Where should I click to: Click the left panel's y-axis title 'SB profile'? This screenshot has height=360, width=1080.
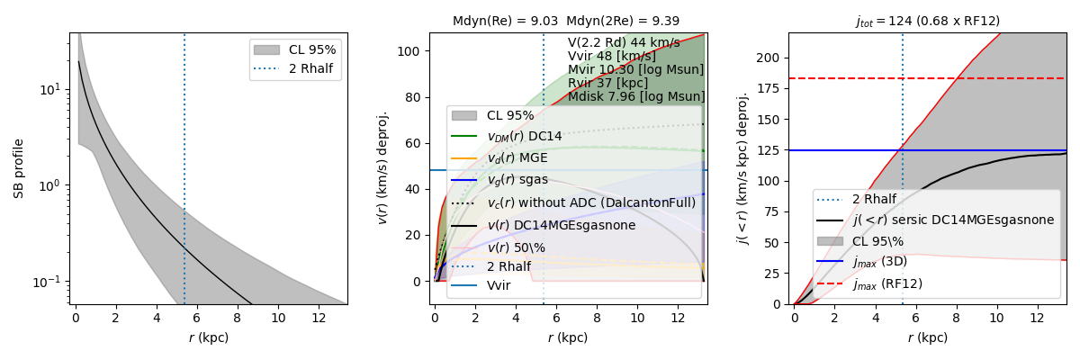pyautogui.click(x=19, y=168)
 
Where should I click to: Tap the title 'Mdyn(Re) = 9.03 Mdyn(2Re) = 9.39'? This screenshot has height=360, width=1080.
pyautogui.click(x=567, y=21)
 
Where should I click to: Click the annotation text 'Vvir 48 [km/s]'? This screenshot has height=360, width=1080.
pyautogui.click(x=611, y=56)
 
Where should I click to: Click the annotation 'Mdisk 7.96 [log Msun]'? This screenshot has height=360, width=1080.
pyautogui.click(x=636, y=96)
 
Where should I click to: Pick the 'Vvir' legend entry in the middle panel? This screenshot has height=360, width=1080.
pyautogui.click(x=499, y=285)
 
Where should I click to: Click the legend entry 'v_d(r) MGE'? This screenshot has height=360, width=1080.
pyautogui.click(x=517, y=157)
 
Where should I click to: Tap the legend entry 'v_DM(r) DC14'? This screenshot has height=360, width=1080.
pyautogui.click(x=524, y=136)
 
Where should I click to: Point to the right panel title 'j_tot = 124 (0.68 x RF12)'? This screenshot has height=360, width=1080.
pyautogui.click(x=927, y=21)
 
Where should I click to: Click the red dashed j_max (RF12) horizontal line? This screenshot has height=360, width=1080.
pyautogui.click(x=990, y=78)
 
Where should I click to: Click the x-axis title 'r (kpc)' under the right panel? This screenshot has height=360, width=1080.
pyautogui.click(x=927, y=337)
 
